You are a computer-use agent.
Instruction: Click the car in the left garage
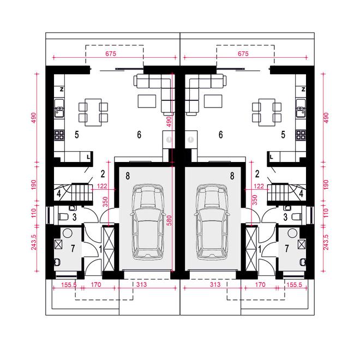tap(147, 222)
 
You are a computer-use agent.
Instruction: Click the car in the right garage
tap(212, 222)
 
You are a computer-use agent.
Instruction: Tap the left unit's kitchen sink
tap(59, 109)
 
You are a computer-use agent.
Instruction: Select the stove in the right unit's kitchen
tap(301, 135)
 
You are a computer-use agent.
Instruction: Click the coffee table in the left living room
tap(147, 101)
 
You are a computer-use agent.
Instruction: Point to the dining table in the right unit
tap(267, 112)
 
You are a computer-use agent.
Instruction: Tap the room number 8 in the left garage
tap(128, 176)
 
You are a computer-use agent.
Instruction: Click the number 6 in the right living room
tap(221, 135)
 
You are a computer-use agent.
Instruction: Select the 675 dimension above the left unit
tap(111, 53)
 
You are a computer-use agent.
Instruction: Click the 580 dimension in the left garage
tap(170, 220)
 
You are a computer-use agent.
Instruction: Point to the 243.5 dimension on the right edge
tap(326, 242)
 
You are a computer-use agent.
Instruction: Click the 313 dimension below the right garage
tap(215, 285)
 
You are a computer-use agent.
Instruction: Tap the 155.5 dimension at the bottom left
tap(69, 285)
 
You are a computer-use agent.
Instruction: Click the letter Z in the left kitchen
tap(62, 89)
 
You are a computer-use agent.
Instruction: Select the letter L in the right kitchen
tap(272, 157)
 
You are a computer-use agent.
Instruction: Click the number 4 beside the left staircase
tap(59, 194)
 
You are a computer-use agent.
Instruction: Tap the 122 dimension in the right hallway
tap(259, 186)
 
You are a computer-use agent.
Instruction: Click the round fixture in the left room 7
tap(68, 233)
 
